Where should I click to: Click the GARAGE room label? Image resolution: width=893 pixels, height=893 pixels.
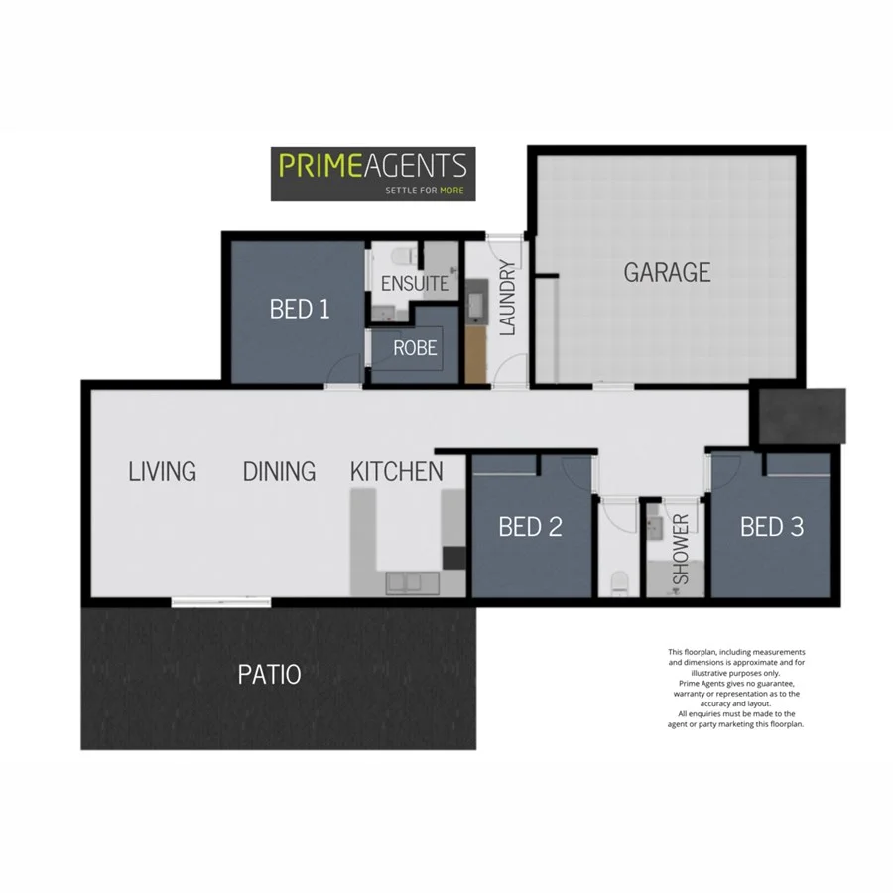pyautogui.click(x=667, y=272)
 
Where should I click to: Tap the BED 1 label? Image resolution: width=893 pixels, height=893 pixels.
pyautogui.click(x=300, y=309)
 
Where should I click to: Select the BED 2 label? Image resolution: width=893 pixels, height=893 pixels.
pyautogui.click(x=530, y=527)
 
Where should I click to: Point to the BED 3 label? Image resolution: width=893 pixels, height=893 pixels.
pyautogui.click(x=771, y=527)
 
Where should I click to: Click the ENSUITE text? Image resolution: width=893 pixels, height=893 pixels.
pyautogui.click(x=414, y=283)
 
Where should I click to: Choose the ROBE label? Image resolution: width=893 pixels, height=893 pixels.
pyautogui.click(x=415, y=348)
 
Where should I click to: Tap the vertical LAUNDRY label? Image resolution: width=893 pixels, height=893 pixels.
pyautogui.click(x=508, y=298)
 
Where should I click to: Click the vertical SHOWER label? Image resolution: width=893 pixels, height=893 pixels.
pyautogui.click(x=682, y=551)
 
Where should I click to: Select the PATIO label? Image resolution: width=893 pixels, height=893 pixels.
pyautogui.click(x=269, y=676)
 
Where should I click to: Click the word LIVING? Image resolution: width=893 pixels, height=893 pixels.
pyautogui.click(x=163, y=471)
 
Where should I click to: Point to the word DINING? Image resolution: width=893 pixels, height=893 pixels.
pyautogui.click(x=279, y=471)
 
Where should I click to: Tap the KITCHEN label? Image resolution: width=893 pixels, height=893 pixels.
pyautogui.click(x=396, y=471)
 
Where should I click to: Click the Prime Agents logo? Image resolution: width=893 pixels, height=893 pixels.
pyautogui.click(x=373, y=174)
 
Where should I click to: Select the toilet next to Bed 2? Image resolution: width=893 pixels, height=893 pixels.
pyautogui.click(x=621, y=583)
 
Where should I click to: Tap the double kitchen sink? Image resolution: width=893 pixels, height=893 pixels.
pyautogui.click(x=407, y=582)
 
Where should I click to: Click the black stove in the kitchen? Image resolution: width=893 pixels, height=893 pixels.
pyautogui.click(x=453, y=559)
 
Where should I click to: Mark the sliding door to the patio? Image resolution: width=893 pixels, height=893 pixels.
pyautogui.click(x=220, y=601)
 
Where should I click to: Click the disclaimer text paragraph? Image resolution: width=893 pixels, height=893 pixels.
pyautogui.click(x=735, y=688)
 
